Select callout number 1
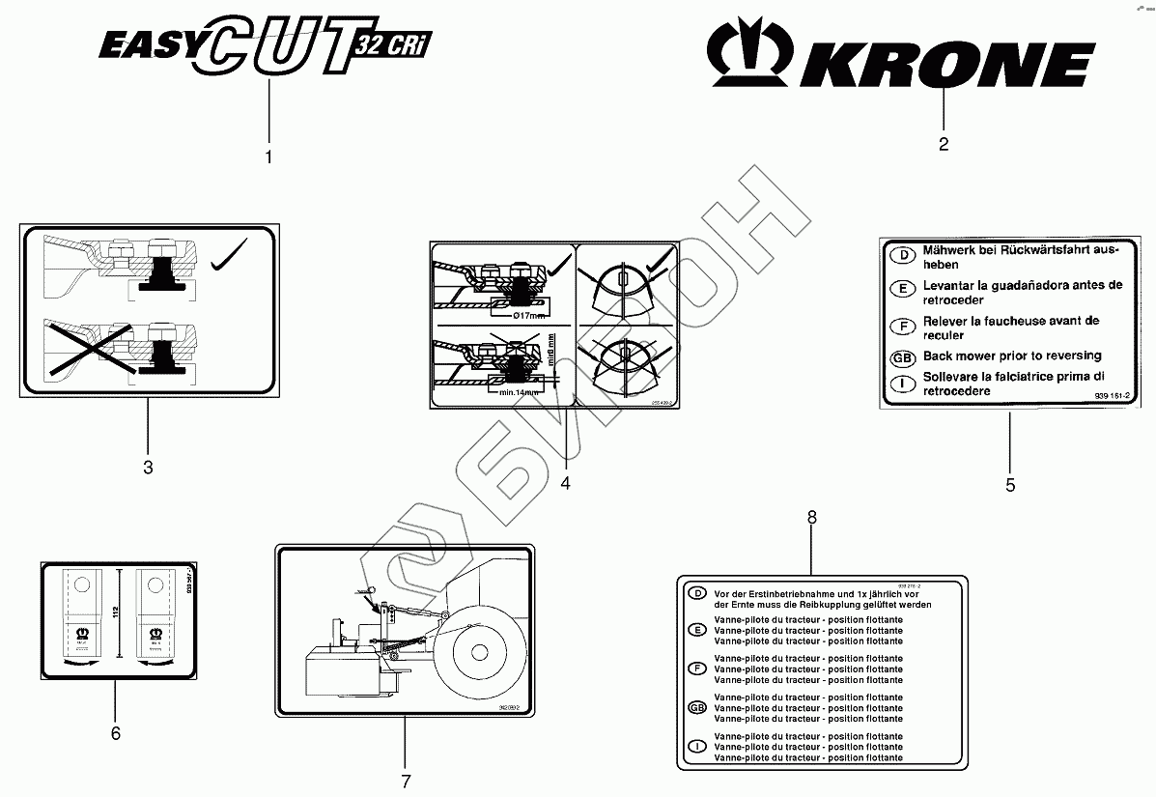point(268,156)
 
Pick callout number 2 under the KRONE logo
point(944,145)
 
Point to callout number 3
point(148,468)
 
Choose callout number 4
point(566,484)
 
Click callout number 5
point(1010,485)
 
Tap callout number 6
point(116,733)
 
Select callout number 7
point(406,781)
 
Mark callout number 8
point(812,518)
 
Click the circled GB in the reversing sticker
point(900,357)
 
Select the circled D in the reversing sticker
point(900,256)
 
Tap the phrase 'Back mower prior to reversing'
point(999,356)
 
